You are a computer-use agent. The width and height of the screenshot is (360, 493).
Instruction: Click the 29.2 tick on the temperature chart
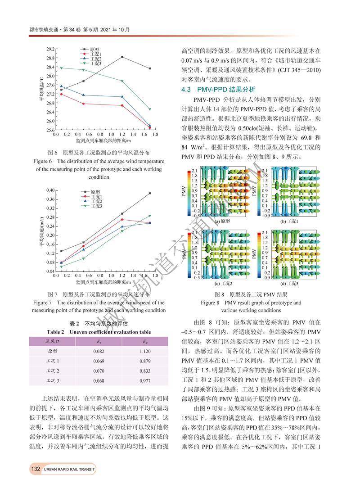[50, 49]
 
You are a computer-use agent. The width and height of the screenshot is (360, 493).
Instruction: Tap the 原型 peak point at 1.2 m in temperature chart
[122, 57]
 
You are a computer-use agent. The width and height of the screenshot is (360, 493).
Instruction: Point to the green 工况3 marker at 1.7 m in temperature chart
[150, 109]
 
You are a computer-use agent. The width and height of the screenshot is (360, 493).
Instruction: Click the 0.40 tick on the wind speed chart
[50, 190]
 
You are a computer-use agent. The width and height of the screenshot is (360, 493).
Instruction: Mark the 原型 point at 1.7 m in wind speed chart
[150, 193]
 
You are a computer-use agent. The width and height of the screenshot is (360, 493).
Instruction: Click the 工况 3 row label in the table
[53, 380]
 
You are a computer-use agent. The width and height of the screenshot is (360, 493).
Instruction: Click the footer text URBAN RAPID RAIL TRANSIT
[70, 470]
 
